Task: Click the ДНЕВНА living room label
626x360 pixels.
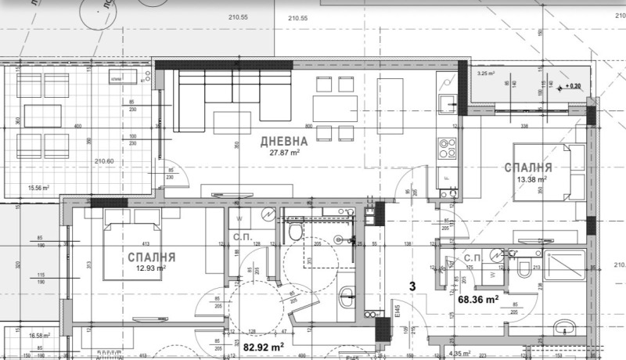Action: click(x=283, y=142)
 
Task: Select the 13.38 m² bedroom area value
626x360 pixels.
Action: click(x=531, y=179)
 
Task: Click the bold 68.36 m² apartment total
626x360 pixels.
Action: click(x=479, y=298)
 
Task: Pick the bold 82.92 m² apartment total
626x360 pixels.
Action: click(x=264, y=344)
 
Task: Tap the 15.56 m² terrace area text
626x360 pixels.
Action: click(x=38, y=188)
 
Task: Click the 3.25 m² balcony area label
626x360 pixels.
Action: click(x=488, y=74)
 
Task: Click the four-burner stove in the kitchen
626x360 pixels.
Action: click(x=448, y=146)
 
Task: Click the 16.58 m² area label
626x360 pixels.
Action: click(x=38, y=335)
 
